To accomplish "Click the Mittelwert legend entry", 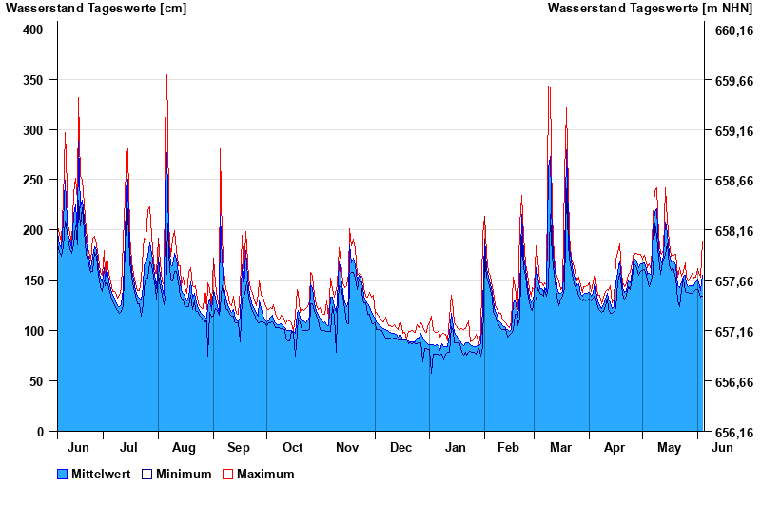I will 99,474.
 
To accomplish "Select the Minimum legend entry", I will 184,474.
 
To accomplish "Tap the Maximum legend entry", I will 265,474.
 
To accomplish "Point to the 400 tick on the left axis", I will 33,29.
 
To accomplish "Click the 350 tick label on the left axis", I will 33,80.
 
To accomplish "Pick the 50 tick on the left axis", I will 37,381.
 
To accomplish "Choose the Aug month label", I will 184,447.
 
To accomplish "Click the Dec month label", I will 401,447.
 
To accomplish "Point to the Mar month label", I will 560,447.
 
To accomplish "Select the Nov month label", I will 347,447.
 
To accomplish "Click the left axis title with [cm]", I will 96,9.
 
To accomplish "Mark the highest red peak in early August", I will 166,62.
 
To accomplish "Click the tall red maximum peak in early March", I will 549,87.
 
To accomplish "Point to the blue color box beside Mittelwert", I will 63,474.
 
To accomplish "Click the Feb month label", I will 509,447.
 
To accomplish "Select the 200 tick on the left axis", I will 33,230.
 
